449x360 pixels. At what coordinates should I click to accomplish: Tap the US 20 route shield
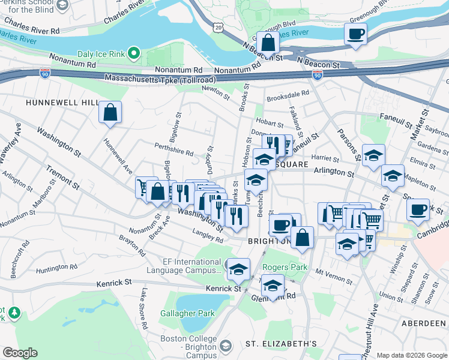coord(217,28)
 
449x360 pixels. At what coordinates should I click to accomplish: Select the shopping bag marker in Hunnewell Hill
coord(110,112)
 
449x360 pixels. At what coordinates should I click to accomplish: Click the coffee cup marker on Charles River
coord(355,34)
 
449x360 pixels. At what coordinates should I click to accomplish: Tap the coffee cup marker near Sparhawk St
coord(418,210)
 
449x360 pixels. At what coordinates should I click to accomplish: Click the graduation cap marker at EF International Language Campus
coord(238,268)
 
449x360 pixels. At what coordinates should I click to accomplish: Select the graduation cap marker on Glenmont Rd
coord(273,287)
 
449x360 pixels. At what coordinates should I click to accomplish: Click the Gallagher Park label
coord(187,313)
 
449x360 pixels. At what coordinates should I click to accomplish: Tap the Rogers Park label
coord(285,267)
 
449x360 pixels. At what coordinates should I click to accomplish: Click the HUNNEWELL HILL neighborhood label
coord(62,103)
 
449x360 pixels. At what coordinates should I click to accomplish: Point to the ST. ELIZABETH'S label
coord(281,344)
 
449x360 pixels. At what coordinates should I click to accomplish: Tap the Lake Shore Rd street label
coord(144,309)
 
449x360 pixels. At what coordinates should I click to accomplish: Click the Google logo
coord(20,352)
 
